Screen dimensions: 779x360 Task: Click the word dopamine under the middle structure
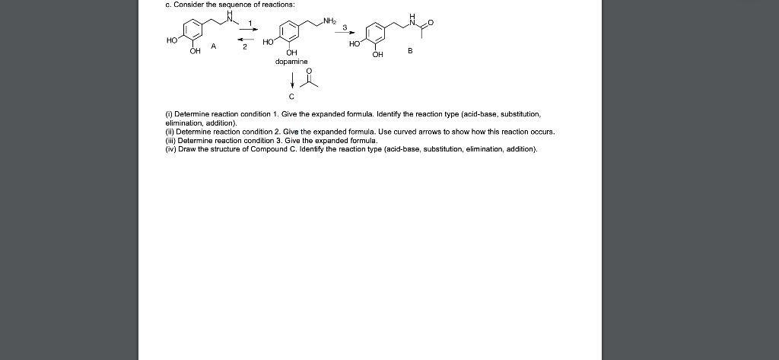(x=291, y=62)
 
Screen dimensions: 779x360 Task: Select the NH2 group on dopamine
(x=329, y=21)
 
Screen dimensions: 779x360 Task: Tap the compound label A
(x=213, y=46)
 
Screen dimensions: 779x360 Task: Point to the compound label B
(x=410, y=50)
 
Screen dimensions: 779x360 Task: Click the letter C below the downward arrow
(x=291, y=96)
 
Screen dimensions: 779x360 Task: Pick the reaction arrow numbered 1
(x=249, y=29)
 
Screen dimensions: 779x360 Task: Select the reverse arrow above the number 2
(x=246, y=40)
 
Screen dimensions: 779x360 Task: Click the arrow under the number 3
(x=345, y=33)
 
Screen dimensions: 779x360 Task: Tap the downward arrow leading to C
(x=292, y=80)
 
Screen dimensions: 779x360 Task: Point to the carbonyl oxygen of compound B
(x=431, y=22)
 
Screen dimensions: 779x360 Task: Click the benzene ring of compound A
(x=192, y=30)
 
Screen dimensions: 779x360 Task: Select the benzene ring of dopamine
(x=288, y=31)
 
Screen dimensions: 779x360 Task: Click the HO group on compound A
(x=172, y=41)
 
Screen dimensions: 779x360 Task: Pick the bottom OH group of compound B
(x=377, y=54)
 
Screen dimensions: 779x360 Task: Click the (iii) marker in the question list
(x=170, y=140)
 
